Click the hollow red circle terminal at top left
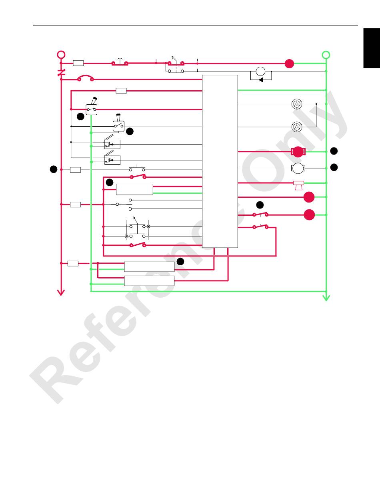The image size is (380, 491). [x=61, y=55]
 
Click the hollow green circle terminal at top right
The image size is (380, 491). [x=326, y=55]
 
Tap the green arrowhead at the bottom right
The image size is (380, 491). [x=326, y=297]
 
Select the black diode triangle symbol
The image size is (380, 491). [x=261, y=80]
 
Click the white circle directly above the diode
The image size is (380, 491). [x=260, y=72]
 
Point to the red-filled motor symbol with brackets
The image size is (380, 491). [x=298, y=152]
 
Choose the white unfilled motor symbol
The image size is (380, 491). [x=298, y=169]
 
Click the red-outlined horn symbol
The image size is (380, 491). [x=298, y=185]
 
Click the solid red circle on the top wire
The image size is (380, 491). [x=289, y=63]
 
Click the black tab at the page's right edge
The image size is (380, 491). [x=372, y=48]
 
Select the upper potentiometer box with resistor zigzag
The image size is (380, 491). [x=112, y=144]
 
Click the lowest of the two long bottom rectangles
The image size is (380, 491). [x=149, y=281]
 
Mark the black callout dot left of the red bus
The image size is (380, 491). [x=53, y=170]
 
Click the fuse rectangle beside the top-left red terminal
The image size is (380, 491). [x=78, y=63]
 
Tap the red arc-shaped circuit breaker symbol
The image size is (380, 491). [x=85, y=78]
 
